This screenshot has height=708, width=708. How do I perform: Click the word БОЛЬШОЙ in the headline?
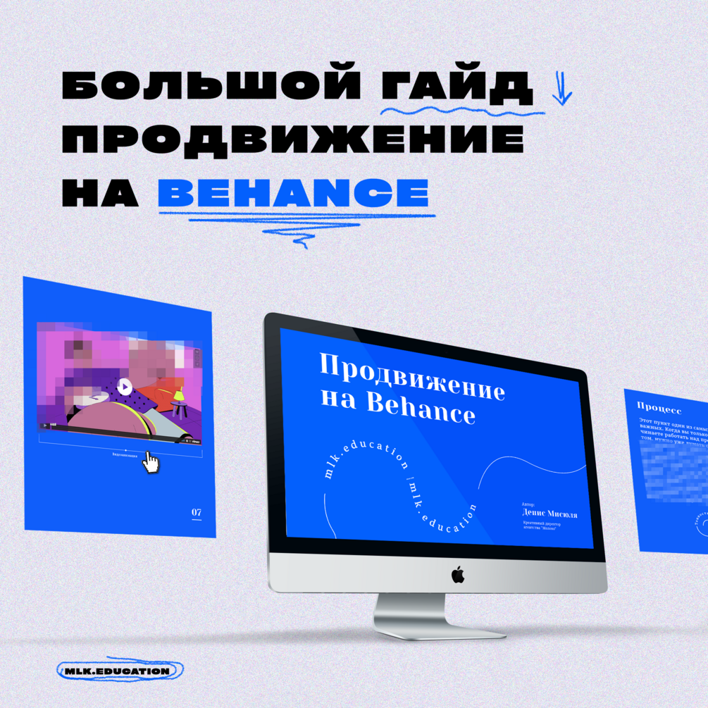tap(209, 87)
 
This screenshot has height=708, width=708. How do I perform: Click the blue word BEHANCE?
tap(293, 192)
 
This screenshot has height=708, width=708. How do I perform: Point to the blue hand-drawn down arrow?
tap(561, 88)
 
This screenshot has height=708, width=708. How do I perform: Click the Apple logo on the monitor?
tap(458, 576)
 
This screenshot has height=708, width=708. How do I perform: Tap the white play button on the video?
tap(124, 386)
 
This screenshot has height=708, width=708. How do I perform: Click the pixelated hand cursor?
tap(150, 462)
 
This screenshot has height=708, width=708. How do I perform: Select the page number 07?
tap(197, 512)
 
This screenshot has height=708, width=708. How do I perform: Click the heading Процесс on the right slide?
tap(659, 407)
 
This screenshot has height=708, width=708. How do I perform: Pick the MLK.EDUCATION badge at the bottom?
tap(117, 671)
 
